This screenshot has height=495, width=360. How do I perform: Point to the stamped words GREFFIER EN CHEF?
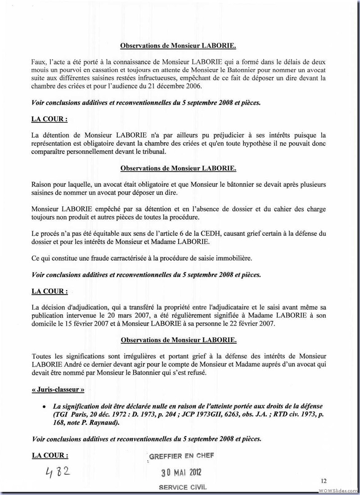coord(181,456)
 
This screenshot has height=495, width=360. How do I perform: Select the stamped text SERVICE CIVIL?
coord(182,488)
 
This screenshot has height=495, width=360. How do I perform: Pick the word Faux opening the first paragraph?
coord(39,61)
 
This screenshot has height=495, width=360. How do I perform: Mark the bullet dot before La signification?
coord(44,406)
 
